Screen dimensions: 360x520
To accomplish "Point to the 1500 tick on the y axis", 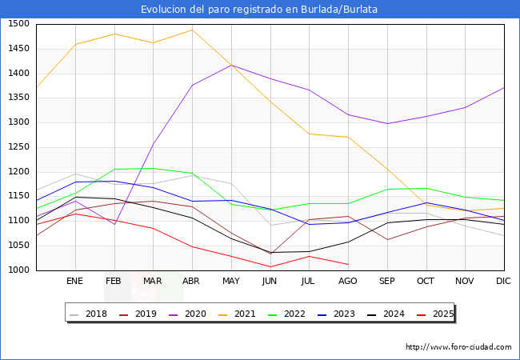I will coord(18,24).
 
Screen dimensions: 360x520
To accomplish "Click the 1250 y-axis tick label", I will coord(18,147).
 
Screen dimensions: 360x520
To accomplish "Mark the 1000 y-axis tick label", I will coord(18,270).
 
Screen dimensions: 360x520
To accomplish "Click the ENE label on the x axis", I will coord(74,282).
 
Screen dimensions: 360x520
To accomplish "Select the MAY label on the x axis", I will coord(231,282).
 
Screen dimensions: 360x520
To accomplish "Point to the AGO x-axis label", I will coord(348,282).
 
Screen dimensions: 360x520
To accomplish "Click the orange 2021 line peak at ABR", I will coord(192,30).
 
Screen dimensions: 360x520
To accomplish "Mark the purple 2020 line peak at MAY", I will coord(231,65).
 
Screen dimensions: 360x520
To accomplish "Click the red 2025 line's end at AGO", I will coord(348,265).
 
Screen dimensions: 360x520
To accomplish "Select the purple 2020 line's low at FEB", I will coord(114,224).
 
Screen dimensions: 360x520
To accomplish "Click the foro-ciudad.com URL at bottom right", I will coord(458,347).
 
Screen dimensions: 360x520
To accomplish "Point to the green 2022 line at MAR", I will coord(153,168).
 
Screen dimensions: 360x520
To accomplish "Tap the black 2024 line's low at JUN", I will coord(270,252).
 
